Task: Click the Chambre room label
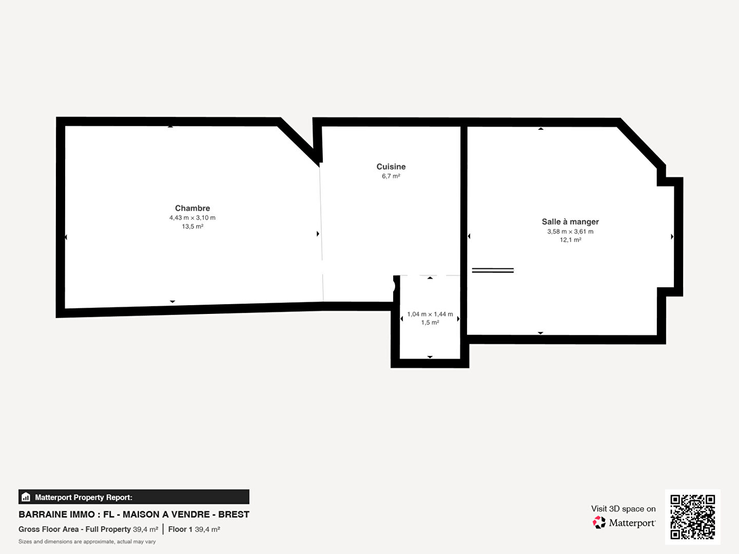pos(192,208)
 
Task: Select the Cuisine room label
pos(391,167)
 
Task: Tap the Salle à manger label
pos(570,222)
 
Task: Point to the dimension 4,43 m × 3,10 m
pos(192,217)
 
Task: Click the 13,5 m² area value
pos(192,226)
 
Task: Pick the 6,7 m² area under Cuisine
pos(391,176)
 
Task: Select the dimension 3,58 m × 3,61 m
pos(570,231)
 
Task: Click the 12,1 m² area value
pos(570,240)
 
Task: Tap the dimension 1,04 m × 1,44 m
pos(430,314)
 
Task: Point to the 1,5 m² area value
pos(430,323)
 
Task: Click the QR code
pos(692,517)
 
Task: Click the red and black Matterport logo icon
pos(599,522)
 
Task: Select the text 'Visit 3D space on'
pos(623,509)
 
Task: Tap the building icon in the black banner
pos(26,497)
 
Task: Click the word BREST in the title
pos(234,515)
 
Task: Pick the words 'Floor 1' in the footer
pos(180,529)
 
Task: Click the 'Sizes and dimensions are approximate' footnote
pos(87,542)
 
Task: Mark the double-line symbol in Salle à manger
pos(493,270)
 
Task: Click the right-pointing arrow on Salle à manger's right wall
pos(672,236)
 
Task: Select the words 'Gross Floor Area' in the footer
pos(48,529)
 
